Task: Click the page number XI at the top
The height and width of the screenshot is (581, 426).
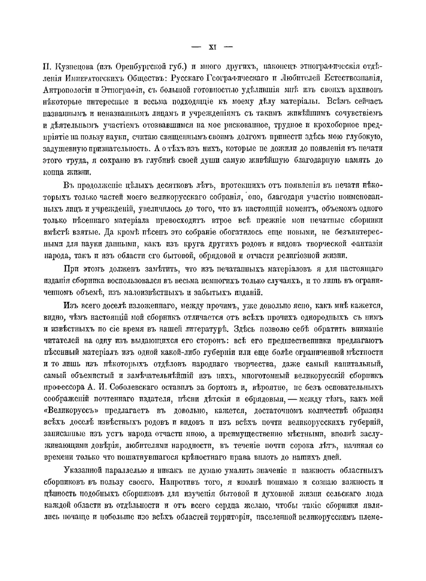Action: [x=213, y=47]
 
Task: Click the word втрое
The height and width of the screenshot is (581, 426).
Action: [x=222, y=220]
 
